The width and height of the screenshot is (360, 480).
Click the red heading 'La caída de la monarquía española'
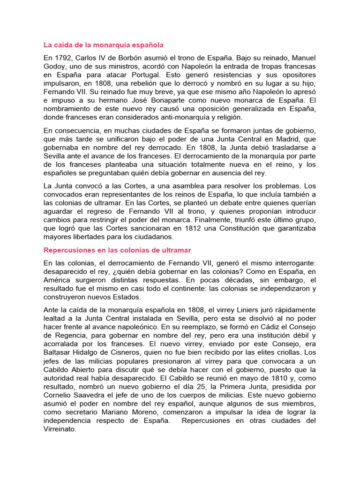(x=104, y=45)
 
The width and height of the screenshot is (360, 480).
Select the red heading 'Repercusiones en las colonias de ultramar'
(x=117, y=250)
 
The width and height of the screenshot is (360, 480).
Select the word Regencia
(x=70, y=336)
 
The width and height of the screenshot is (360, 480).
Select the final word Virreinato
(x=60, y=429)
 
